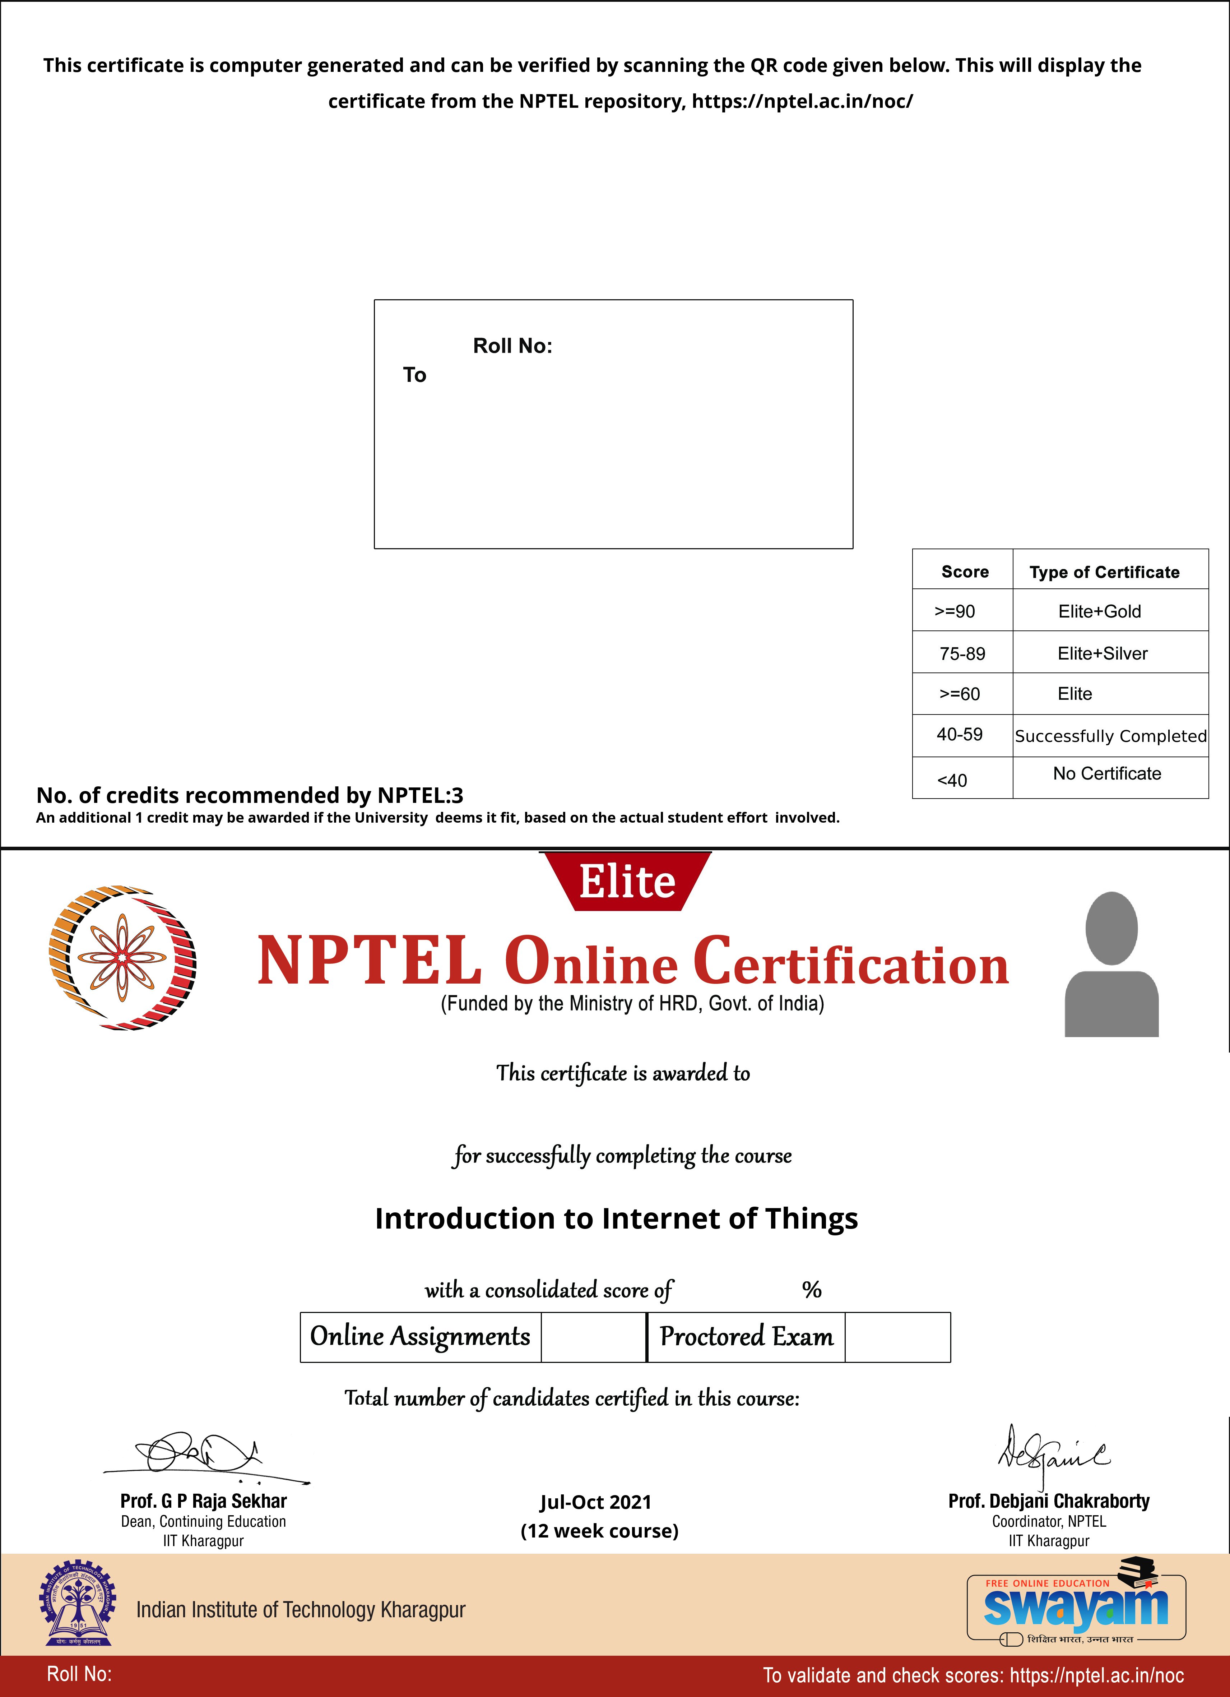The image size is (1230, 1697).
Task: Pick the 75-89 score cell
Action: pyautogui.click(x=962, y=653)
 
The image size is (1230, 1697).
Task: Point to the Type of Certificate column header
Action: pyautogui.click(x=1104, y=572)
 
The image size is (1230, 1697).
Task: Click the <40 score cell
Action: pyautogui.click(x=952, y=780)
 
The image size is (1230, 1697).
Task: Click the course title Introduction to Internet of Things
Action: pyautogui.click(x=617, y=1218)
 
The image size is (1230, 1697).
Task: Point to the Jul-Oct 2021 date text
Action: pyautogui.click(x=595, y=1502)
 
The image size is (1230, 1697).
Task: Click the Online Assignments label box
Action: pyautogui.click(x=421, y=1336)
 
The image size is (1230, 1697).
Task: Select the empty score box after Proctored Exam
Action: pyautogui.click(x=897, y=1336)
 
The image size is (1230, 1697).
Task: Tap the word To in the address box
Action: pyautogui.click(x=414, y=375)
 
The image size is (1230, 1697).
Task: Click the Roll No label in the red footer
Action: pyautogui.click(x=79, y=1673)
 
